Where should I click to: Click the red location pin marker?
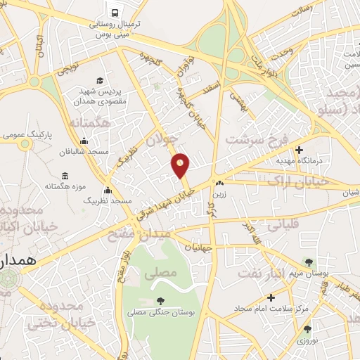click(x=181, y=165)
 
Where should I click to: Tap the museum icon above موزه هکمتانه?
click(x=65, y=174)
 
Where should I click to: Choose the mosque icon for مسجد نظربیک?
click(x=108, y=190)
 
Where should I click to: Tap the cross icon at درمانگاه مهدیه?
click(x=300, y=150)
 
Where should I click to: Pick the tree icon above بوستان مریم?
click(x=308, y=262)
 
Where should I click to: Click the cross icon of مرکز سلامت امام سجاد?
click(x=271, y=297)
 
